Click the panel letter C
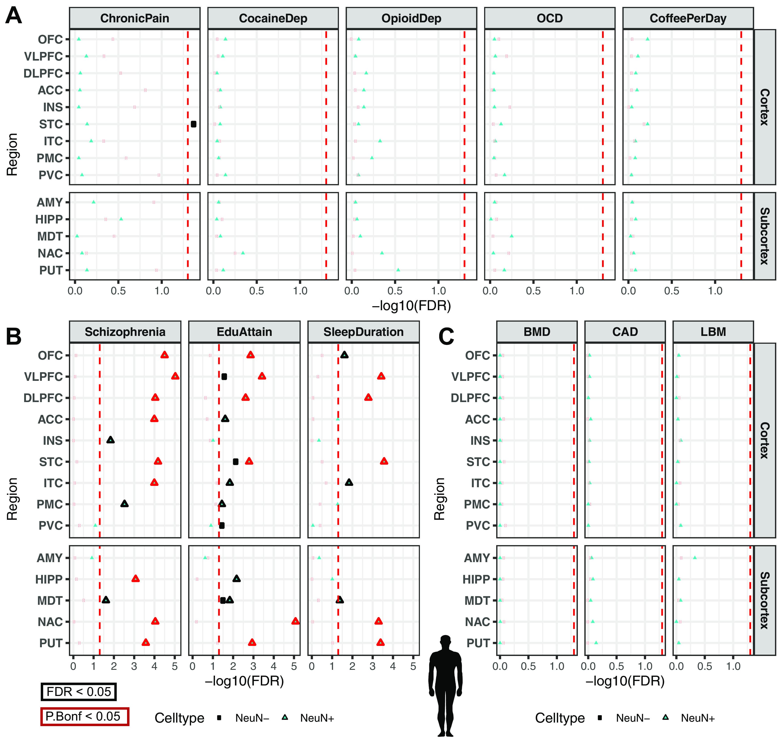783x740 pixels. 447,336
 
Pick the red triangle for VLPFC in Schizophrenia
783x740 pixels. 175,376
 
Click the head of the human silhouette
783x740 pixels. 445,641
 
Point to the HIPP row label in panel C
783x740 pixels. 476,580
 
